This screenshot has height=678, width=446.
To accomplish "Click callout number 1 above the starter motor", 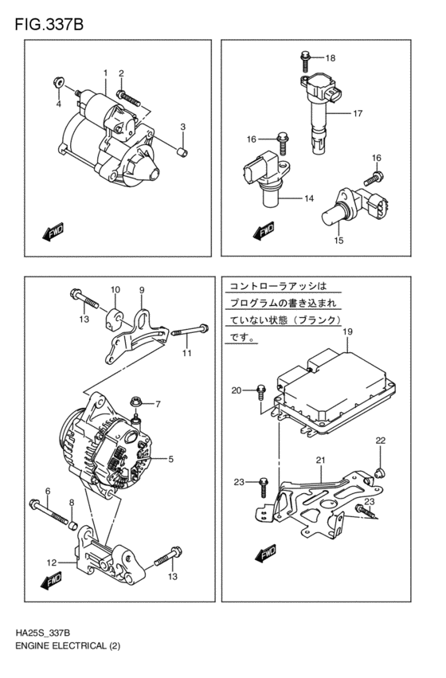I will point(104,73).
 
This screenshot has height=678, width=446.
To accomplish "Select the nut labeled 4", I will point(58,81).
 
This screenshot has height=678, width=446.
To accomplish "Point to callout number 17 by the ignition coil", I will point(358,113).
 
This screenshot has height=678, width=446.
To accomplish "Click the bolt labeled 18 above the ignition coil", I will point(306,57).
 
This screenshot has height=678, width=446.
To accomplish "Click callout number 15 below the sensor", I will point(338,240).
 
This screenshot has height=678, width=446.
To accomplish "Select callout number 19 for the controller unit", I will point(347,331).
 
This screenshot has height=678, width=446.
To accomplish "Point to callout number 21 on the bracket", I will point(320,460).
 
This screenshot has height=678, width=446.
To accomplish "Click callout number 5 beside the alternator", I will point(170,460).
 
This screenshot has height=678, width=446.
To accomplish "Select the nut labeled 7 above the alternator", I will point(136,405).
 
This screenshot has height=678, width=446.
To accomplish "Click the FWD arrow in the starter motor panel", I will point(53,233).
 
